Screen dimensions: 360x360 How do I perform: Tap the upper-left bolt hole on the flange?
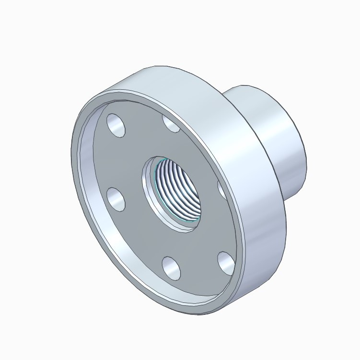tap(116, 125)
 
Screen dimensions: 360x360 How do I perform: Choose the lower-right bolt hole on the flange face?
tap(226, 262)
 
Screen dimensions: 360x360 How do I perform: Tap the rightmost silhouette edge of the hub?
tap(306, 154)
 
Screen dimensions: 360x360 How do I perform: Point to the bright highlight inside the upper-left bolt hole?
tap(113, 122)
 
